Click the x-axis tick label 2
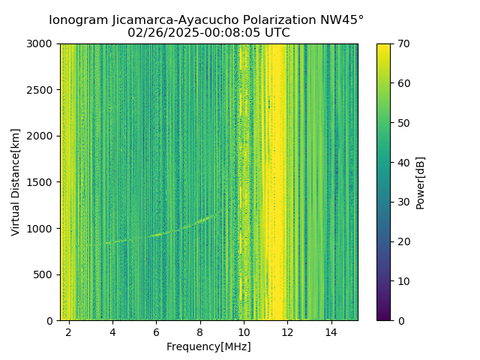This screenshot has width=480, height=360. pos(69,331)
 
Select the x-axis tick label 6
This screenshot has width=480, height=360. pos(156,331)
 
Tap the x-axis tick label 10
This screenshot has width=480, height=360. pos(244,331)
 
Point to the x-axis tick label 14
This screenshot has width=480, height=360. pos(331,331)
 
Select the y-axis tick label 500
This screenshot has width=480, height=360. pos(45,274)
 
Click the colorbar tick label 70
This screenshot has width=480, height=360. pos(403,43)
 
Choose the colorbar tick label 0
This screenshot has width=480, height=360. pos(400,320)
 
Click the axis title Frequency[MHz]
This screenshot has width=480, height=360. pos(208,346)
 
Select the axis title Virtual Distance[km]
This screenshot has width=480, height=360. pos(16,182)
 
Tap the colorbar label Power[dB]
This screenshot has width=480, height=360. pos(421,182)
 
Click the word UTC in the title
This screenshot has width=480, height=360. pos(277,33)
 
